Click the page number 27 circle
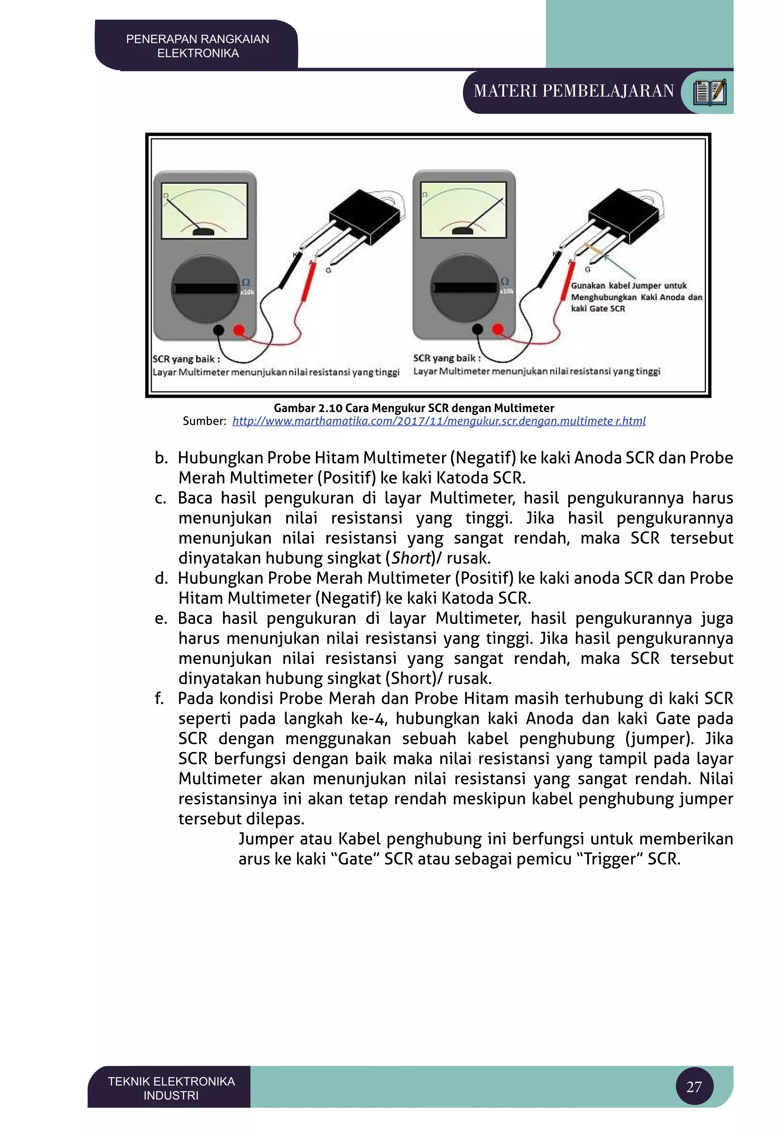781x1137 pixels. (694, 1087)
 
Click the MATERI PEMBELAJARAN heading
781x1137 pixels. (574, 92)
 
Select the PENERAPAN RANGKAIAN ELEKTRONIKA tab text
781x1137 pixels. (198, 46)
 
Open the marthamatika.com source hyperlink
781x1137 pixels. (439, 421)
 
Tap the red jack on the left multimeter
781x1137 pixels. (239, 330)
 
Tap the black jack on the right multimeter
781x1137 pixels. (477, 329)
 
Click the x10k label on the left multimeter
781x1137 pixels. (247, 292)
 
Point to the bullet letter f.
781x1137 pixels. (159, 698)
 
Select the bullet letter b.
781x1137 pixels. (161, 458)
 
